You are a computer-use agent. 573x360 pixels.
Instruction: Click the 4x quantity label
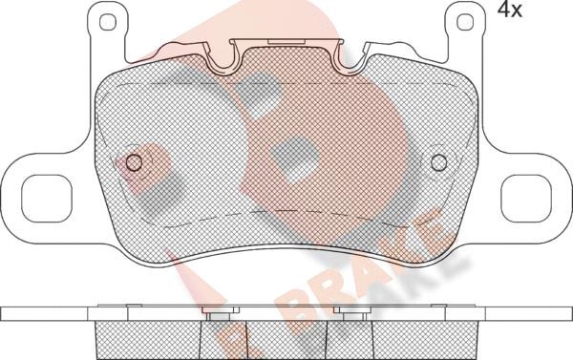[510, 10]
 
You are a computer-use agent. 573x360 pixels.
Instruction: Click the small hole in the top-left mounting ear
[108, 22]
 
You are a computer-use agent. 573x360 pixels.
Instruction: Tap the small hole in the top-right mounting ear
[465, 22]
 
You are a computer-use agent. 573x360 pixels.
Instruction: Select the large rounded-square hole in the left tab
[47, 199]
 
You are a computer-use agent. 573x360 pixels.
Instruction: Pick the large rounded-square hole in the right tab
[526, 199]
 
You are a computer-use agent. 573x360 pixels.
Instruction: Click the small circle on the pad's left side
[134, 162]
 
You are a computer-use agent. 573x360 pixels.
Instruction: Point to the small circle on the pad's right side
[438, 162]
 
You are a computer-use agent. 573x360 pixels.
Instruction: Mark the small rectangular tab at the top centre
[286, 41]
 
